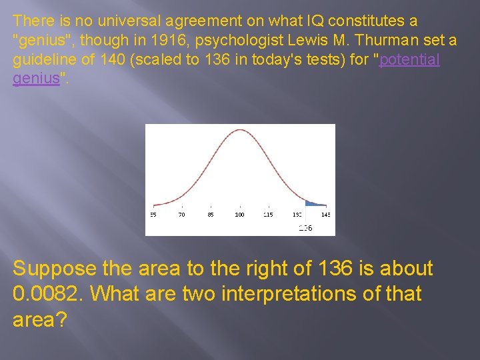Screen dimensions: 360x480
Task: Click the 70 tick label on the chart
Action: [x=181, y=215]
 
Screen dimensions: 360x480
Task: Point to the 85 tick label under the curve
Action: [x=211, y=215]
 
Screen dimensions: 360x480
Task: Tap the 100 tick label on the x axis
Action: [x=239, y=215]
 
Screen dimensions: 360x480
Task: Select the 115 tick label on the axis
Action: [x=268, y=215]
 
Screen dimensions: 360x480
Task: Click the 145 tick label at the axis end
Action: [x=325, y=215]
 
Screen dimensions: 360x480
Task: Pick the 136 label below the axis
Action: [x=305, y=228]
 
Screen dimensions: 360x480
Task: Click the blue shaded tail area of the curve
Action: [x=312, y=203]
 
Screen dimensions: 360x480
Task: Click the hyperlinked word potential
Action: [x=409, y=59]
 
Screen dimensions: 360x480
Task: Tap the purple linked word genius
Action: [x=36, y=78]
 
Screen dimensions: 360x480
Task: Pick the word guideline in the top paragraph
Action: [x=43, y=59]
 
